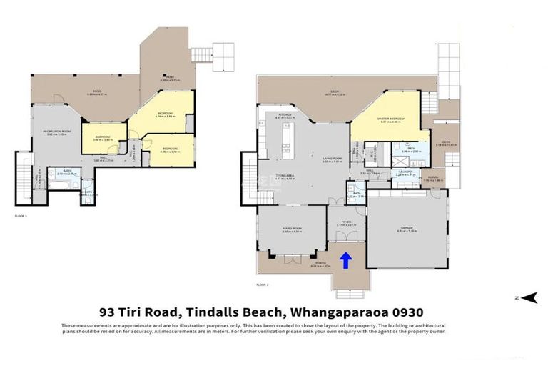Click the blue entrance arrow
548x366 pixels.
(x=345, y=260)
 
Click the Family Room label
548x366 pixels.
(x=292, y=229)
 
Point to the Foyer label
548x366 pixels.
(x=346, y=223)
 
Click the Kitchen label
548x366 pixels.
(x=285, y=114)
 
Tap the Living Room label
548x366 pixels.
(x=333, y=159)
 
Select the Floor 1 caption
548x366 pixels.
(x=21, y=215)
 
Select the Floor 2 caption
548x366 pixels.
(x=263, y=285)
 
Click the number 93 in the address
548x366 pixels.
(x=106, y=312)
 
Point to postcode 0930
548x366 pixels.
(x=410, y=312)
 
